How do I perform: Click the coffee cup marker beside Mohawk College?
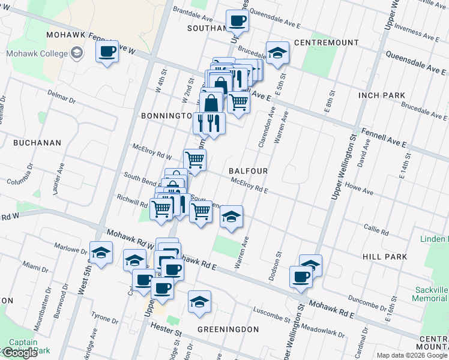107,52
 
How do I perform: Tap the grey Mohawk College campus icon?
76,54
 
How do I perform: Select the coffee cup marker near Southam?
237,22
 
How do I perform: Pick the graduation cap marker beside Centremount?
277,53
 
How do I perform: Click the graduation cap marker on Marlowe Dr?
101,253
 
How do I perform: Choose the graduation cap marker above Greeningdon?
199,302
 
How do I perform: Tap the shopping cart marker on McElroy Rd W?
194,160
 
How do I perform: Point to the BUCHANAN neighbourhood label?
37,143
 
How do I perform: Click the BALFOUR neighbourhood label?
248,171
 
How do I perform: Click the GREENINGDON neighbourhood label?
228,329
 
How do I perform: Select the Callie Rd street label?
378,228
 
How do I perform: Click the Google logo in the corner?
20,353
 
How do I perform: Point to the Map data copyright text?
412,355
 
